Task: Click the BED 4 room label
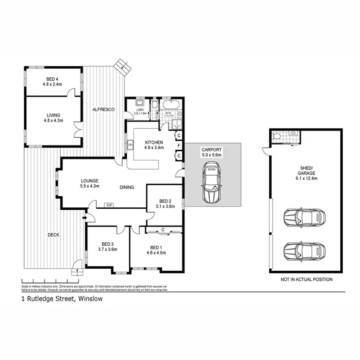point(53,82)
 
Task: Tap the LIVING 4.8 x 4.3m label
point(53,118)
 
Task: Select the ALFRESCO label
point(103,110)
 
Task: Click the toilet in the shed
point(275,137)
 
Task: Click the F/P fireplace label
point(109,205)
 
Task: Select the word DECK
point(53,235)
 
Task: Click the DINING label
point(127,187)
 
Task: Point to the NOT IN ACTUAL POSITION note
point(306,279)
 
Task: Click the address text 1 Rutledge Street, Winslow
point(62,299)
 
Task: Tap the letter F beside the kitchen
point(179,145)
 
